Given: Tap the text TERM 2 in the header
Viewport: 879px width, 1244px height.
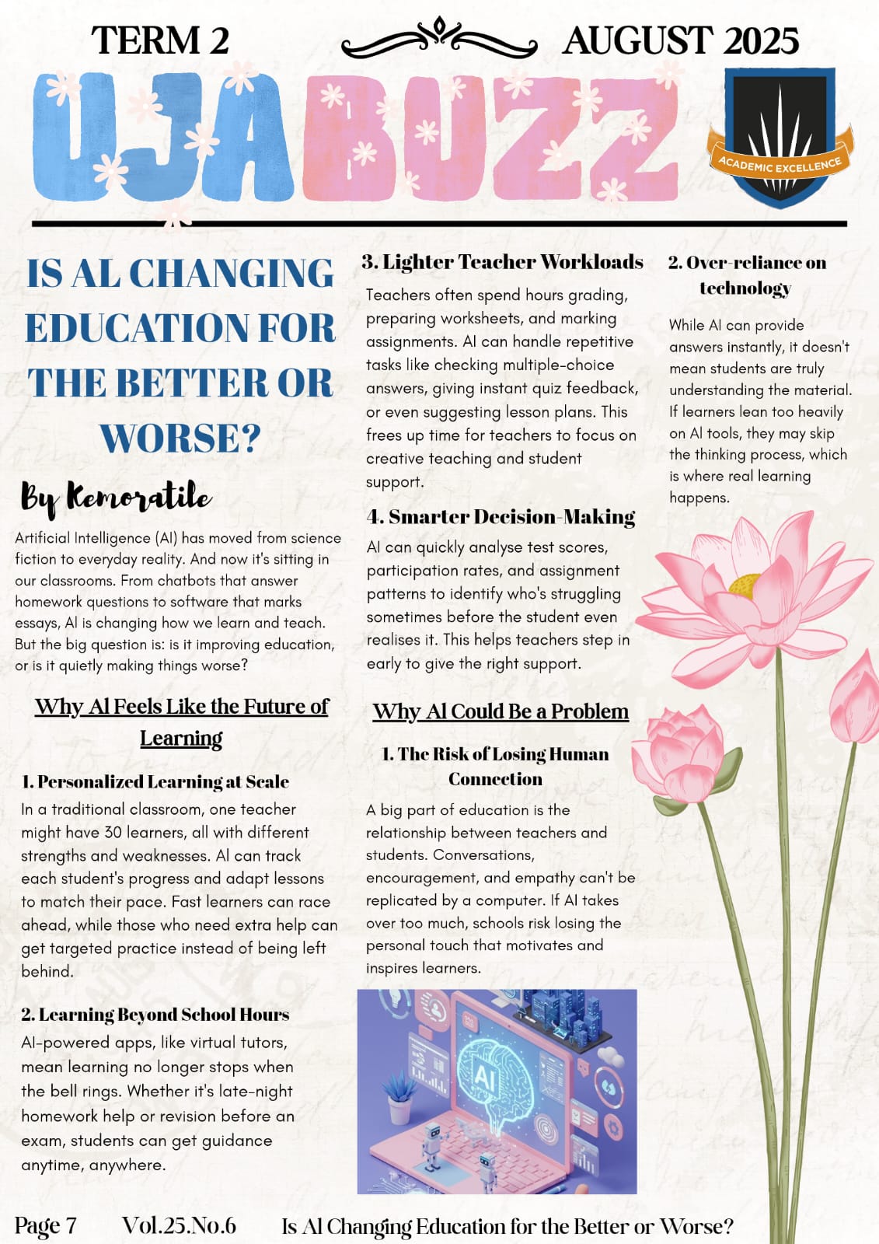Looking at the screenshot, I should pyautogui.click(x=160, y=40).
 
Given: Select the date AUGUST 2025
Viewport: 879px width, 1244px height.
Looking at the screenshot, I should pyautogui.click(x=680, y=40).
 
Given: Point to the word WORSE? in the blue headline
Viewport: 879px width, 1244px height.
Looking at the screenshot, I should pyautogui.click(x=180, y=438).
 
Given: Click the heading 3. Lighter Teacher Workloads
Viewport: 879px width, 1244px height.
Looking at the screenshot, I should pyautogui.click(x=502, y=262).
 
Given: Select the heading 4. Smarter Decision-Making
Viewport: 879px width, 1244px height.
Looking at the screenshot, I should pyautogui.click(x=501, y=517).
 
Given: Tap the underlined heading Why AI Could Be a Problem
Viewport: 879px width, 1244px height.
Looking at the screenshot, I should pyautogui.click(x=501, y=711).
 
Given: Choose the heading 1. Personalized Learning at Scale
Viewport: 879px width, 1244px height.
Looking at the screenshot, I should pyautogui.click(x=155, y=781).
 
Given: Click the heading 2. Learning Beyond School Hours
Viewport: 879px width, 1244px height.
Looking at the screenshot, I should pyautogui.click(x=155, y=1015).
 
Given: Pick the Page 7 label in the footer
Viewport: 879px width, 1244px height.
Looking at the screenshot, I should pyautogui.click(x=46, y=1225).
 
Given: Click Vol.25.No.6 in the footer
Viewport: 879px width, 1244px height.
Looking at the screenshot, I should pyautogui.click(x=179, y=1225).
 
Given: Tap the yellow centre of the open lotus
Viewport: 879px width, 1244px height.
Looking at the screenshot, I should pyautogui.click(x=745, y=583).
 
